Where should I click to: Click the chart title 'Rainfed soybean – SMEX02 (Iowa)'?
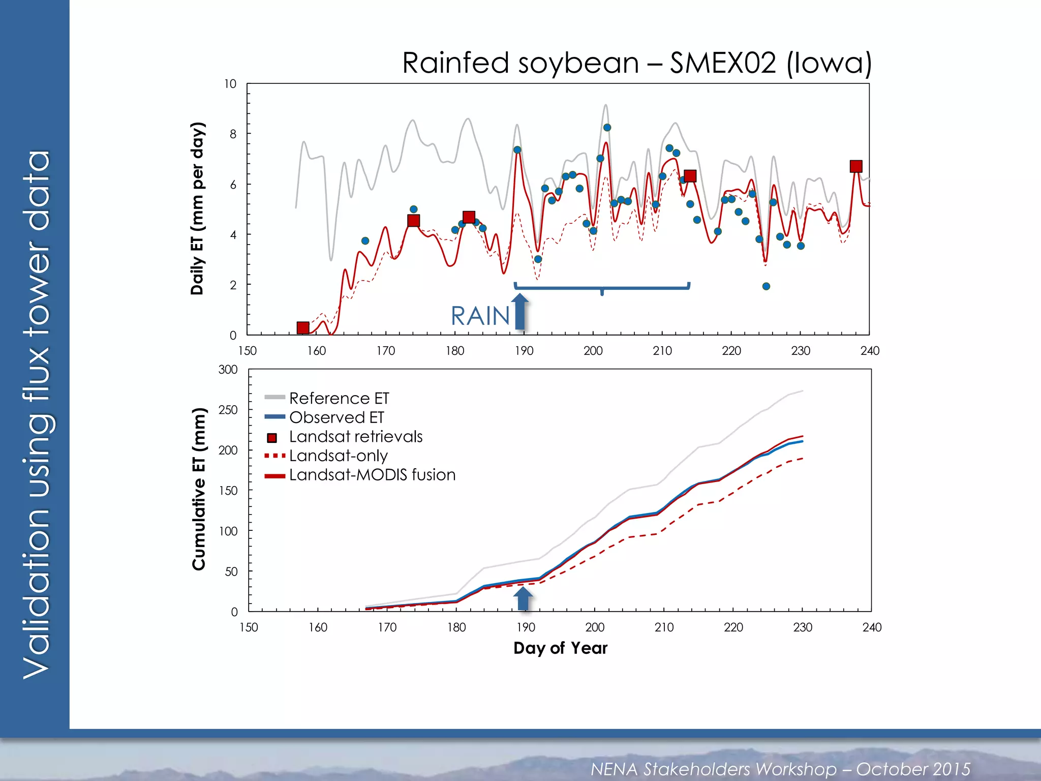tap(636, 64)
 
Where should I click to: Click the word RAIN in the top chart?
tap(480, 316)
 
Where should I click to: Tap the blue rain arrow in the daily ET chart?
tap(519, 311)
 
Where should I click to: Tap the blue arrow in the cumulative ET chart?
tap(524, 598)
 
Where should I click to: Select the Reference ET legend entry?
tap(339, 398)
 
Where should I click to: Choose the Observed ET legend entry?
tap(336, 417)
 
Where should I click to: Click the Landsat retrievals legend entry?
tap(355, 437)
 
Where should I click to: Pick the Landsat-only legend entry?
tap(338, 456)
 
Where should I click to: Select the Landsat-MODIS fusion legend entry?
tap(372, 475)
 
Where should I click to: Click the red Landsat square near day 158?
tap(303, 327)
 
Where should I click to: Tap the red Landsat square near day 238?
tap(856, 166)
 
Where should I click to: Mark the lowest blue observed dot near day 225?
tap(766, 286)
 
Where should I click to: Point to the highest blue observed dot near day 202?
tap(607, 128)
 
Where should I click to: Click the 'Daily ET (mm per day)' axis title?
tap(197, 208)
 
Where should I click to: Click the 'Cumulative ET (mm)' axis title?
tap(199, 489)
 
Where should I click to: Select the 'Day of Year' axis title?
tap(560, 648)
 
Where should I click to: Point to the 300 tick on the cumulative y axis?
tap(228, 370)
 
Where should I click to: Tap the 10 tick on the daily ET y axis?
tap(230, 84)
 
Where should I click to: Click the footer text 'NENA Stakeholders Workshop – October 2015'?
tap(780, 769)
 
